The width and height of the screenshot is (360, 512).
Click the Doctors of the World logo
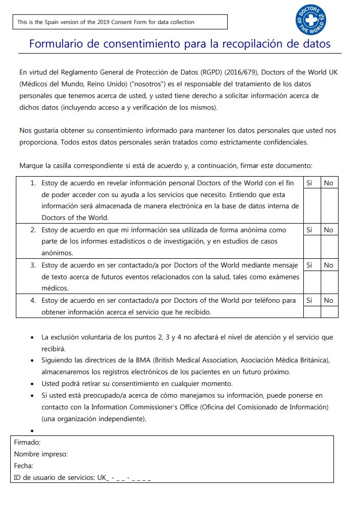[x=310, y=20]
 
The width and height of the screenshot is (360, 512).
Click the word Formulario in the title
[x=56, y=44]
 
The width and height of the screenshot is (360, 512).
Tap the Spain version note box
[x=120, y=22]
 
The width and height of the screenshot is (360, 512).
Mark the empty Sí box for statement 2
[x=311, y=247]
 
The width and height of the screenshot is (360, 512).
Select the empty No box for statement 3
[x=329, y=282]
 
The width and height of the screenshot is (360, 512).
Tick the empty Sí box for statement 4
[x=311, y=312]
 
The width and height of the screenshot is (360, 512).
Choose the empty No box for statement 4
[x=329, y=312]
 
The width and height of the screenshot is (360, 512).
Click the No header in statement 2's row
[x=328, y=230]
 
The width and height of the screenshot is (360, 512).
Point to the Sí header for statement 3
[x=309, y=265]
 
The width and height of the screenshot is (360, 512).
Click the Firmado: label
[x=28, y=443]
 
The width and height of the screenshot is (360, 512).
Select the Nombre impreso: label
[x=41, y=454]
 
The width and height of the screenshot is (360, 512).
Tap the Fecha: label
[x=24, y=466]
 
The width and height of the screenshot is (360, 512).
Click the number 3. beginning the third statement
[x=33, y=265]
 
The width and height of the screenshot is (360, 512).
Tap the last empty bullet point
[x=33, y=431]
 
